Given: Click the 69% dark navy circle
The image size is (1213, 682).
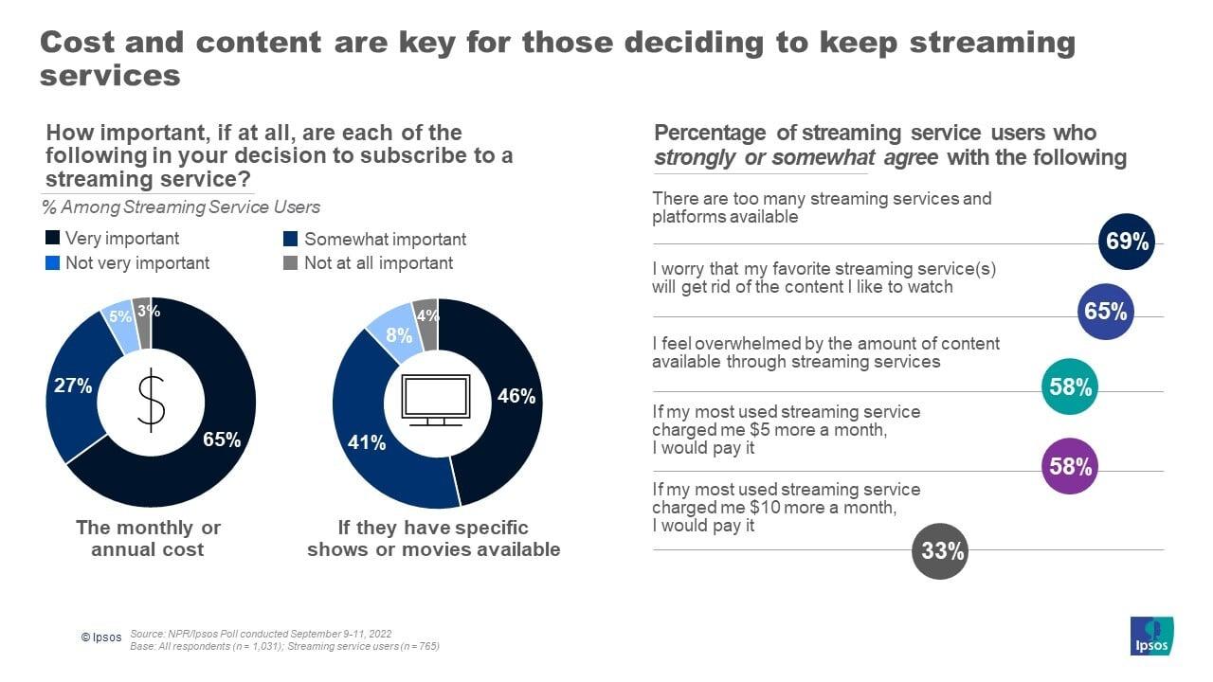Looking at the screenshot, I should coord(1128,242).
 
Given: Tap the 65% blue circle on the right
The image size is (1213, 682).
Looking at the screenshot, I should coord(1106,312).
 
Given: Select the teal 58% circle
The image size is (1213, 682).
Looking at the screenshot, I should coord(1069,387).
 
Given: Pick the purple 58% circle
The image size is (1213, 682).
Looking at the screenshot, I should coord(1069,466).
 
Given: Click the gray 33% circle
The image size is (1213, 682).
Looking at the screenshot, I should coord(940,550).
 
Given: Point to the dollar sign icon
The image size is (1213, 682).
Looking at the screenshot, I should coord(151,403).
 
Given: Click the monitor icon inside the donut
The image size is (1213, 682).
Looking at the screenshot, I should coord(436,401).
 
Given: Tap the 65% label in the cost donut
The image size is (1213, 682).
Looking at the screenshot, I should coord(222,440).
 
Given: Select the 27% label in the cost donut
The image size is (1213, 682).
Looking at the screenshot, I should coord(73,386).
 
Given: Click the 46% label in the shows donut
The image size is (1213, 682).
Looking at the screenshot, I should coord(516,397).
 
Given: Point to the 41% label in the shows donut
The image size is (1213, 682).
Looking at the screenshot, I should coord(367,442).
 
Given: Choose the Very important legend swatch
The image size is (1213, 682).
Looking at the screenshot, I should coord(52,239).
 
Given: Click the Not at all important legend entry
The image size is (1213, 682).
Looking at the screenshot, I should coord(369,263).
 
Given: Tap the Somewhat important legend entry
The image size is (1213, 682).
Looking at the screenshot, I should coord(374,240).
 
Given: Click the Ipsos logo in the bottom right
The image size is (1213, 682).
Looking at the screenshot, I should coord(1151,636).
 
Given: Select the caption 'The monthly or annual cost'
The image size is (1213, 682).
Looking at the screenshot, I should coord(148,538).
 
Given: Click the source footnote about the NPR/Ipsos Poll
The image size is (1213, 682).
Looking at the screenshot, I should coord(261,634).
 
